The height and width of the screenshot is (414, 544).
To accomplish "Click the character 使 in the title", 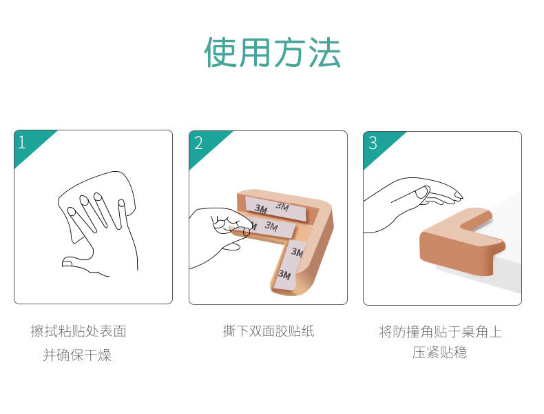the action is pos(220,52).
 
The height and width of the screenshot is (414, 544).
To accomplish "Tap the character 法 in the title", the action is pos(324,52).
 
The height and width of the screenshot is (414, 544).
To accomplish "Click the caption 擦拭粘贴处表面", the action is pos(79,331).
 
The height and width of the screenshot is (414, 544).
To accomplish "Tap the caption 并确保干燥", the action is pos(77,355).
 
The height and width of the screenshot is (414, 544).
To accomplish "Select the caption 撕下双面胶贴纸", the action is pos(269,331).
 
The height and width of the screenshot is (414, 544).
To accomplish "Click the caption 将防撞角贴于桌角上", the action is pos(440,331).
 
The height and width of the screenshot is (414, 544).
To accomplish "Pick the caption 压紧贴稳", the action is pos(439,352).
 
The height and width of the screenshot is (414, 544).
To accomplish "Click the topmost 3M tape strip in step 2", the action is pos(277,208).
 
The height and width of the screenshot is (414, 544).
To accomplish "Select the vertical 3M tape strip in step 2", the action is pos(289,264).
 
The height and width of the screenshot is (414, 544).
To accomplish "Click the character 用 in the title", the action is pos(255,52).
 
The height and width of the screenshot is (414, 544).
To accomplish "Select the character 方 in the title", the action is pos(290,52).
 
